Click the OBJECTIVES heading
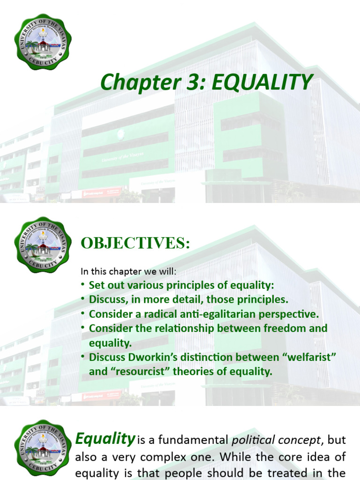(135, 243)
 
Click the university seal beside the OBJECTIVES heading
(43, 244)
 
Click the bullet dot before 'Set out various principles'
(83, 285)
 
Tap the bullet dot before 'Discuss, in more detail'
(83, 299)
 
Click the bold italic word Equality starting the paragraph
(105, 439)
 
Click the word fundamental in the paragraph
(192, 440)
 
